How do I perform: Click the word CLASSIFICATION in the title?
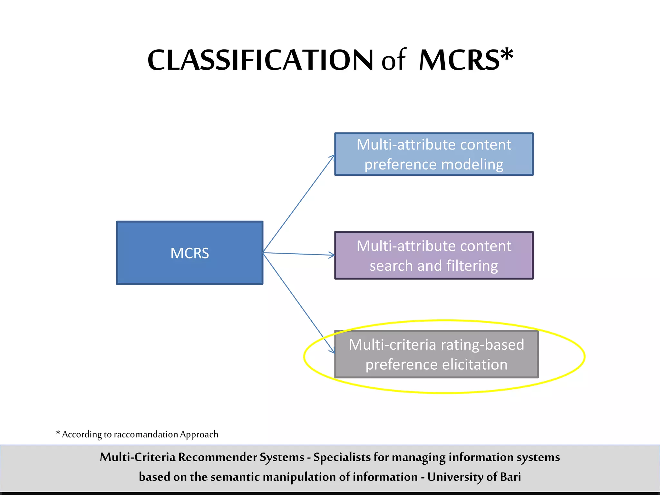tap(260, 60)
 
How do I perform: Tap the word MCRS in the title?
tap(459, 60)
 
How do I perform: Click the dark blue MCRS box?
tap(189, 253)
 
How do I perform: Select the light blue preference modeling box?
tap(434, 154)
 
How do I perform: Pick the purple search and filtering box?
tap(434, 255)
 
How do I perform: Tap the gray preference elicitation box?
tap(436, 354)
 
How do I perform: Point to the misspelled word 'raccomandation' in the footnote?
tap(146, 434)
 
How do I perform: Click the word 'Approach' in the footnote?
tap(199, 434)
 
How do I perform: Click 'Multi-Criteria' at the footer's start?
tap(137, 457)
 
